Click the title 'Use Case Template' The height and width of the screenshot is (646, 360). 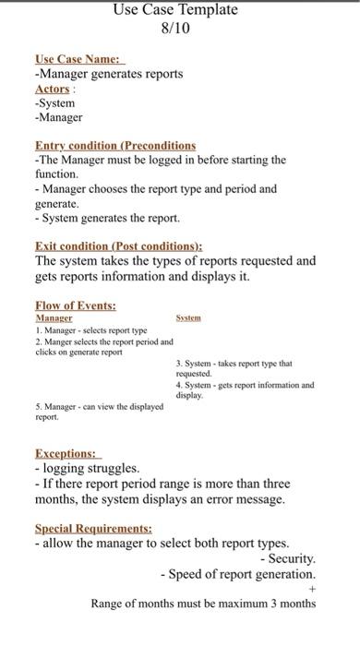tap(174, 10)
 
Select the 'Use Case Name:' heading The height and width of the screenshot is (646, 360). tap(78, 59)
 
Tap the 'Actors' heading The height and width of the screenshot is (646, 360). tap(53, 89)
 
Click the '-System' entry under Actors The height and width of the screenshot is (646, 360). tap(54, 102)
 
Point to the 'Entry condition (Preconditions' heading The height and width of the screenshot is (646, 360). tap(115, 145)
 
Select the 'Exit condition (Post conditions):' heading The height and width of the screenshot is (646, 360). tap(118, 246)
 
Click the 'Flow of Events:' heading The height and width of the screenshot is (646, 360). tap(75, 305)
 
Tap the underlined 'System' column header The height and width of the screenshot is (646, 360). tap(188, 317)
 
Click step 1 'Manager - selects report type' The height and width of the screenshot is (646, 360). tap(90, 329)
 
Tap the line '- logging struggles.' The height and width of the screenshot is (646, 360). tap(87, 469)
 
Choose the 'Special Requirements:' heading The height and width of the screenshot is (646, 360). tap(93, 529)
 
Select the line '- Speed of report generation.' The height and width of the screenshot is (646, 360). tap(237, 574)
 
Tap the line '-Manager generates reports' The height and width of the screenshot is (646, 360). tap(109, 74)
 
